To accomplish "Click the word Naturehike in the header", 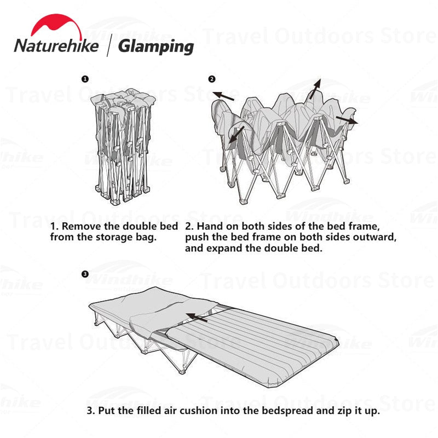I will pyautogui.click(x=56, y=46).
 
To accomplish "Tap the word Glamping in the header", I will pyautogui.click(x=156, y=46).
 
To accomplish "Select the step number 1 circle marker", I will pyautogui.click(x=84, y=79).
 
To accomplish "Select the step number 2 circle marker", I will pyautogui.click(x=212, y=79).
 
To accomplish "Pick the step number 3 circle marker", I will pyautogui.click(x=84, y=274).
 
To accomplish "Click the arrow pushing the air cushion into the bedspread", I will pyautogui.click(x=197, y=316).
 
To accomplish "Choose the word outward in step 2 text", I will pyautogui.click(x=375, y=237).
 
